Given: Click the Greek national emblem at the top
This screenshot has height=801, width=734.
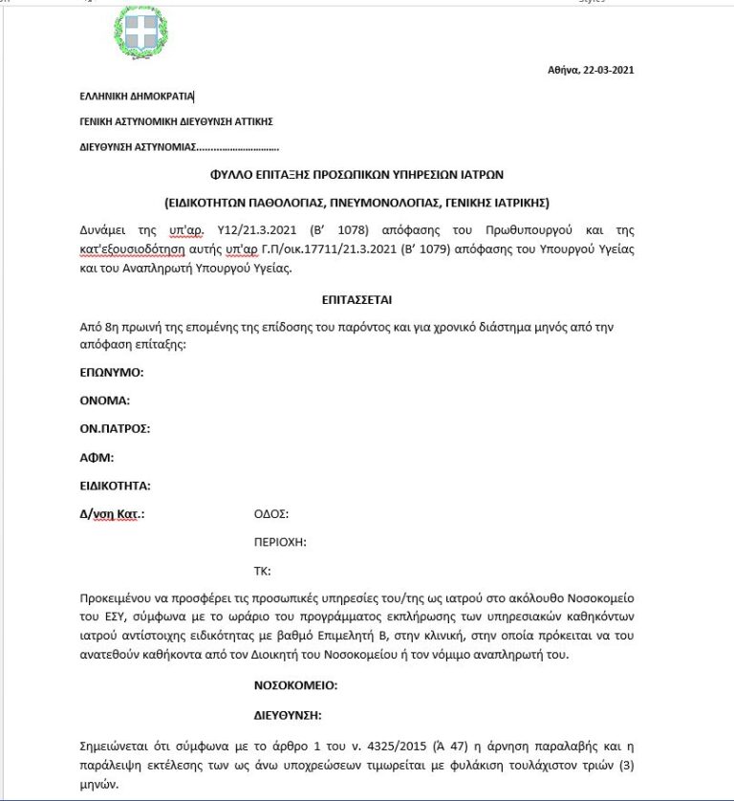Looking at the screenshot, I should click(x=140, y=32).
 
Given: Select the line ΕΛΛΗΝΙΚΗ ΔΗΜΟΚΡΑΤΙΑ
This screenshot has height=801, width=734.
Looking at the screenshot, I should click(x=137, y=96).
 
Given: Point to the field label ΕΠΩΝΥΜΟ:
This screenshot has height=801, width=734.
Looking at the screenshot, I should click(x=111, y=371).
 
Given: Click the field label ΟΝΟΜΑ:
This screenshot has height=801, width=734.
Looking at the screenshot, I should click(x=105, y=400).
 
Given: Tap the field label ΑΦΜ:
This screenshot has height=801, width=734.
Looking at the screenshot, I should click(x=96, y=457).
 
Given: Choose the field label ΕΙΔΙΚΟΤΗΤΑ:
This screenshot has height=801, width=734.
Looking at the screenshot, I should click(x=115, y=486).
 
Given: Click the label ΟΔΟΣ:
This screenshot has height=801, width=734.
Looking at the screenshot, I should click(x=270, y=513).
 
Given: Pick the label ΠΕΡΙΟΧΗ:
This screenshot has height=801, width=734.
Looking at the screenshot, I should click(x=279, y=542).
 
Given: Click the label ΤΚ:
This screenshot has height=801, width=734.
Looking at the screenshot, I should click(x=262, y=571).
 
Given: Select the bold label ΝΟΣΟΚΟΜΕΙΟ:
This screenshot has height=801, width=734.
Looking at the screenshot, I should click(x=295, y=685).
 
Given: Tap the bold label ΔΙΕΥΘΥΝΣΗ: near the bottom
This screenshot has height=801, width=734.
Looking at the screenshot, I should click(x=287, y=714).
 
